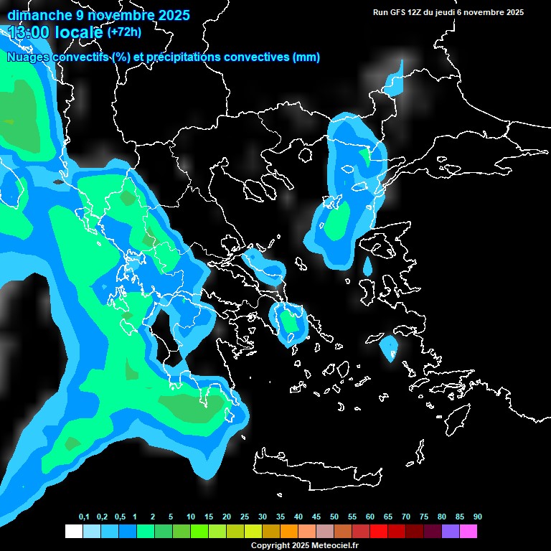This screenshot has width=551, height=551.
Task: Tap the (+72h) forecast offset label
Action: pos(124,32)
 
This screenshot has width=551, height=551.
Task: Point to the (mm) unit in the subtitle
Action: pos(306,57)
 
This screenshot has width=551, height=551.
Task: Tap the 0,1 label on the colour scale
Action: pos(84,517)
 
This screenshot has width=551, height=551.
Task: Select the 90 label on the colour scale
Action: pos(477,517)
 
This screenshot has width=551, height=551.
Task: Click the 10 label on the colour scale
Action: pos(191,517)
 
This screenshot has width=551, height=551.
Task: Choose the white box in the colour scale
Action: pos(73,531)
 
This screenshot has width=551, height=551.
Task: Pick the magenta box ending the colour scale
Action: pos(468,531)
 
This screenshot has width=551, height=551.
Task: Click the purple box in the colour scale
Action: pos(451,531)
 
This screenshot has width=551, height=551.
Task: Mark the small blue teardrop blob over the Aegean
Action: pos(368,266)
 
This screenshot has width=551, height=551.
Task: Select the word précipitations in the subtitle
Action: pos(184,57)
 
